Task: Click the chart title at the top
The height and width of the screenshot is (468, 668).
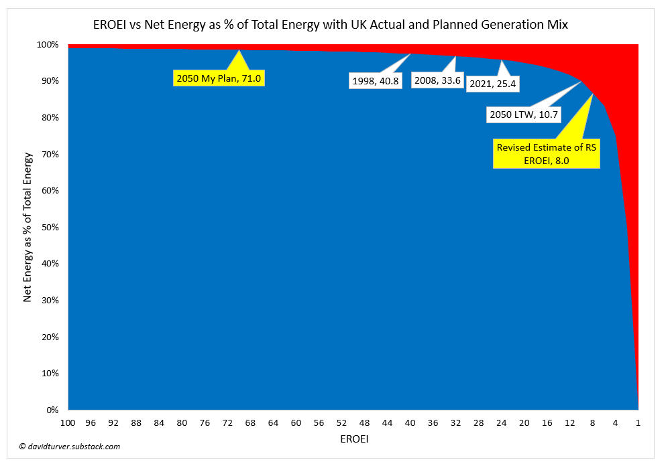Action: click(330, 25)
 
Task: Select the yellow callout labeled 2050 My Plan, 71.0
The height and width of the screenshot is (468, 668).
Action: click(217, 78)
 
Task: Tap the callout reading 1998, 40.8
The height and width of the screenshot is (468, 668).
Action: click(376, 81)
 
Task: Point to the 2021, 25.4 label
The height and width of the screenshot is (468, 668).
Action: click(496, 84)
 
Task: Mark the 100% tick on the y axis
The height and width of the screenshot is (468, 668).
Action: click(50, 45)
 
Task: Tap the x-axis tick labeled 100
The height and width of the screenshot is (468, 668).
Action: click(68, 423)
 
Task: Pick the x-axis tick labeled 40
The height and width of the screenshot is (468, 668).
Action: click(410, 423)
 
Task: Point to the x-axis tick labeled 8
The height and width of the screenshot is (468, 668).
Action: click(592, 423)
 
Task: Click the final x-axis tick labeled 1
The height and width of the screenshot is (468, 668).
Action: click(638, 423)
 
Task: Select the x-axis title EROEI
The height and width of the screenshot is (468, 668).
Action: click(353, 440)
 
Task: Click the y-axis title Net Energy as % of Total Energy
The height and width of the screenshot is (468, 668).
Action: click(27, 227)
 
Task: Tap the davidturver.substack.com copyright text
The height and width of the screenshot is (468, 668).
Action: click(70, 447)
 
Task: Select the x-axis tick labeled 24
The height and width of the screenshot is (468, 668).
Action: click(501, 423)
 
